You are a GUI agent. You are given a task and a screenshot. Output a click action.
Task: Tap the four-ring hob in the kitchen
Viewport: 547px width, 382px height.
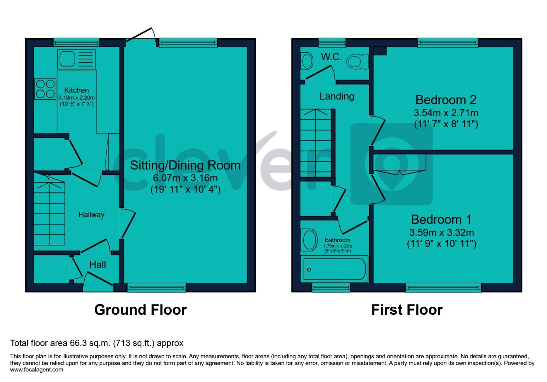pyautogui.click(x=45, y=89)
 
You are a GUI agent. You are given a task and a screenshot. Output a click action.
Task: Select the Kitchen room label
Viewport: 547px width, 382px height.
pyautogui.click(x=77, y=91)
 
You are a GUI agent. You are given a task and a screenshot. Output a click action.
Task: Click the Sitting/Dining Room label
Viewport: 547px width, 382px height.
pyautogui.click(x=185, y=165)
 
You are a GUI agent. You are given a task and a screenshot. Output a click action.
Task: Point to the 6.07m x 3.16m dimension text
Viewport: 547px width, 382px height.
pyautogui.click(x=185, y=178)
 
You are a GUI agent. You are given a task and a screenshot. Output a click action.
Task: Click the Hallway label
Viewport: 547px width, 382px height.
pyautogui.click(x=91, y=215)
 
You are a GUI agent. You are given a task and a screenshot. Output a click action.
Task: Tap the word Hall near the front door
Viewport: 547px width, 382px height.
pyautogui.click(x=97, y=265)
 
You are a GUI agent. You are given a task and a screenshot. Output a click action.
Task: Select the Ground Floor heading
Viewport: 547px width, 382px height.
pyautogui.click(x=140, y=310)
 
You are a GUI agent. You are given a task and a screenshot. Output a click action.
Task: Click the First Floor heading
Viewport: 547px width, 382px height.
pyautogui.click(x=407, y=310)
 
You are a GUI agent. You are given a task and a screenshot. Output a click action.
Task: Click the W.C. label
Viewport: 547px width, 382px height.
pyautogui.click(x=331, y=57)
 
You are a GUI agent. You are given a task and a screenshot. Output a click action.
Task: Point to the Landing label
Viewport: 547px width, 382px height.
pyautogui.click(x=337, y=96)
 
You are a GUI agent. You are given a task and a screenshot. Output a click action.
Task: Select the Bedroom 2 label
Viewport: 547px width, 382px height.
pyautogui.click(x=446, y=100)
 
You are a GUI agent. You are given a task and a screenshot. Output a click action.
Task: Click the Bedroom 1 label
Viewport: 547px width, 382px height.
pyautogui.click(x=441, y=220)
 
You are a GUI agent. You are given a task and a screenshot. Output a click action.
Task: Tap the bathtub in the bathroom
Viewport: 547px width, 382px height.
pyautogui.click(x=334, y=270)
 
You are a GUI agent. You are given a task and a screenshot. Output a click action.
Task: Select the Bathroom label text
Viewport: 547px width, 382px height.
pyautogui.click(x=337, y=240)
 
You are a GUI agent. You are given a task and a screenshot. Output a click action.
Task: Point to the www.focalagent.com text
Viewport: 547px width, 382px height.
pyautogui.click(x=37, y=370)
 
